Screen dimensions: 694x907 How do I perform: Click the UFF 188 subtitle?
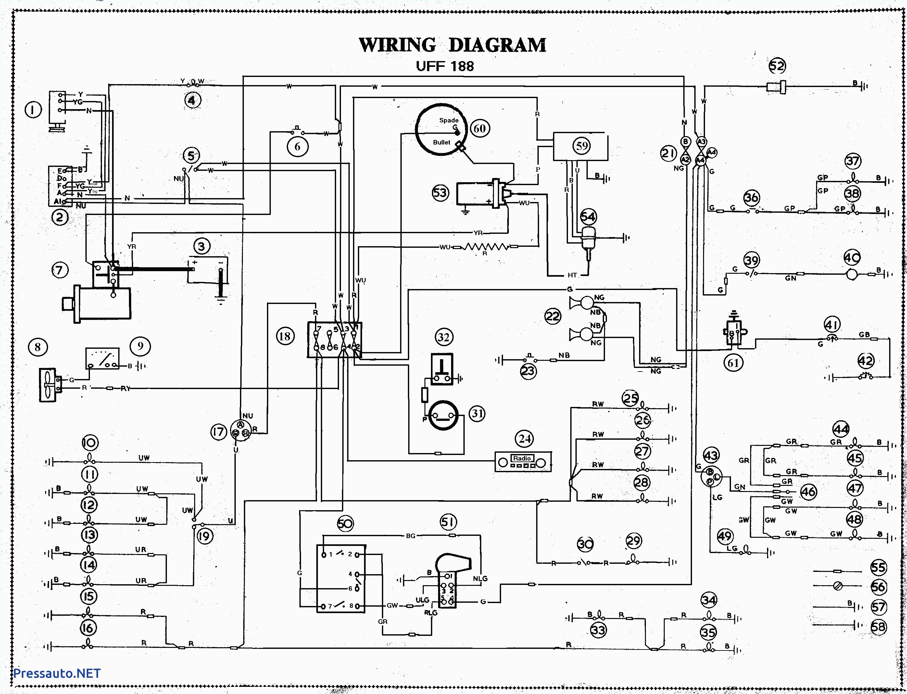[x=445, y=67]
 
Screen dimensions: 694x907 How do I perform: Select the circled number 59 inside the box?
[x=582, y=146]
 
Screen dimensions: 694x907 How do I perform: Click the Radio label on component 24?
[x=522, y=459]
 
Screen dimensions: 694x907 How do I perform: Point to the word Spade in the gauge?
[x=448, y=120]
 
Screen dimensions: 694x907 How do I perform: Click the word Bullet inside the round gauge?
[x=442, y=142]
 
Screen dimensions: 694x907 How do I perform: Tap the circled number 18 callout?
[x=285, y=336]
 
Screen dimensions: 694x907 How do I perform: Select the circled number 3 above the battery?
[x=202, y=246]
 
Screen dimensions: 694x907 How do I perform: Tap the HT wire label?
[x=572, y=275]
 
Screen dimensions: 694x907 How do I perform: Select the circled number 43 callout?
[x=711, y=456]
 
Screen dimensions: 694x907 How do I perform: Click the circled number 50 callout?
[x=345, y=524]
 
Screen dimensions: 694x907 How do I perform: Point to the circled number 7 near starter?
[x=59, y=270]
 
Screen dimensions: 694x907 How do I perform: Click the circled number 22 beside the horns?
[x=553, y=316]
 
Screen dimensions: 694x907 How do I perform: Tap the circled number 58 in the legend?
[x=878, y=627]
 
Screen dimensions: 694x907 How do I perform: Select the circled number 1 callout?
[x=33, y=110]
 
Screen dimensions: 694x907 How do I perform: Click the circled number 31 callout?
[x=477, y=413]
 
